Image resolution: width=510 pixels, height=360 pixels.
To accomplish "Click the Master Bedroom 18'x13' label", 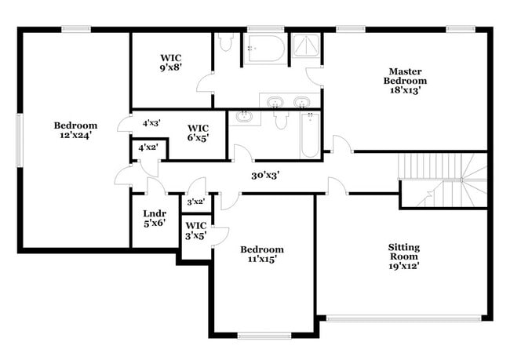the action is [x=405, y=81].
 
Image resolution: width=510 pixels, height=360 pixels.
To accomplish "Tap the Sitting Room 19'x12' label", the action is [x=403, y=256].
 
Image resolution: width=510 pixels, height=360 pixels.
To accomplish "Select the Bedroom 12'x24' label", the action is [x=75, y=130].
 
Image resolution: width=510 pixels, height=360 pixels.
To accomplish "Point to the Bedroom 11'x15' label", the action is [x=262, y=254].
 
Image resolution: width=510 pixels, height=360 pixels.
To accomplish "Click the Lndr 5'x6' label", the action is [x=155, y=218].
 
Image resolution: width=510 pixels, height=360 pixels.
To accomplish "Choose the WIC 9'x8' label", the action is [x=171, y=63].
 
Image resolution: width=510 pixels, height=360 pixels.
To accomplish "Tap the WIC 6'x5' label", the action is [x=198, y=133].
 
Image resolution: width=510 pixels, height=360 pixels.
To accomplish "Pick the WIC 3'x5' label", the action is [x=196, y=231].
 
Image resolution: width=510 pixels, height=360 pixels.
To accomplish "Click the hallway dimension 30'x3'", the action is [x=265, y=176].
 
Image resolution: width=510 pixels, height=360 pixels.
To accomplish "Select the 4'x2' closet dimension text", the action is [x=148, y=147].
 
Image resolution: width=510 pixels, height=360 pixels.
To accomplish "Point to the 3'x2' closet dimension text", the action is [x=195, y=202].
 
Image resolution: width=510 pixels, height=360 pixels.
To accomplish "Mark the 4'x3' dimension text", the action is [x=151, y=123].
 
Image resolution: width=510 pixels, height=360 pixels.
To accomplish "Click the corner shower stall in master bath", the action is [x=305, y=45].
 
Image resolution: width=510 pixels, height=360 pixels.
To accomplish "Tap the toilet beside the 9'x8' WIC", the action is [x=225, y=42].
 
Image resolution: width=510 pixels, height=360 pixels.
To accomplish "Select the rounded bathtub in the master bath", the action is [x=266, y=49].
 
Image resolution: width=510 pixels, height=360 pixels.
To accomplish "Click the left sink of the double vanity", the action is [x=275, y=102].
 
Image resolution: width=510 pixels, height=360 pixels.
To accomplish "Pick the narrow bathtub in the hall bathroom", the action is [x=310, y=135].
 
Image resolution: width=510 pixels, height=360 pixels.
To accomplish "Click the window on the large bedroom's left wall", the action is [x=20, y=140].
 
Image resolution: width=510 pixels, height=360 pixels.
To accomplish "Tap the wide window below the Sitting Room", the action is [x=403, y=318].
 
